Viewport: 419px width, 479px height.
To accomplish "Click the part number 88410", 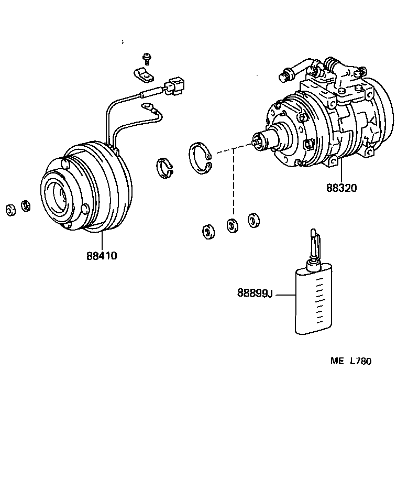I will coord(102,256).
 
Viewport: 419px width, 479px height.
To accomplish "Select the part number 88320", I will coord(341,187).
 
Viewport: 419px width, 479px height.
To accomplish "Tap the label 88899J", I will coord(255,293).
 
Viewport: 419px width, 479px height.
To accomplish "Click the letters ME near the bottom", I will coord(336,361).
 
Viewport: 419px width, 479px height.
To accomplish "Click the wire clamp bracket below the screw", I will coord(142,74).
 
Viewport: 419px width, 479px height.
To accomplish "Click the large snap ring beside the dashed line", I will coord(201,158).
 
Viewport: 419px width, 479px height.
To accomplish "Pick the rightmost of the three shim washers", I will coord(253,220).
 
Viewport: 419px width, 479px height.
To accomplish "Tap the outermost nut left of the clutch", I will coord(10,210).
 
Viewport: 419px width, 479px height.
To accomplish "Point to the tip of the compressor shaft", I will coord(255,140).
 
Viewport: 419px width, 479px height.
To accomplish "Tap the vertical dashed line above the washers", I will coord(234,183).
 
